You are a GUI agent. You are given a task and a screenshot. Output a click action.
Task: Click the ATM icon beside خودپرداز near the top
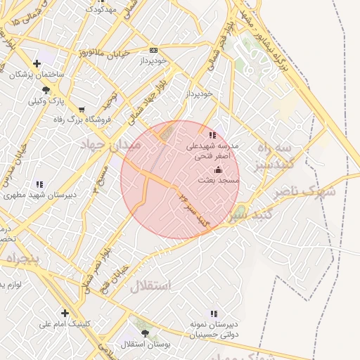[x=154, y=51]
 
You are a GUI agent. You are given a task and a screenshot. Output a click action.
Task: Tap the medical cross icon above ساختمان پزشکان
[x=37, y=64]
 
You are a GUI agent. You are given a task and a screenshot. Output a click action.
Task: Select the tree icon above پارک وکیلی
[x=46, y=90]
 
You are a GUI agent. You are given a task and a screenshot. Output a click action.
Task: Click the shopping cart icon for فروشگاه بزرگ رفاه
[x=82, y=109]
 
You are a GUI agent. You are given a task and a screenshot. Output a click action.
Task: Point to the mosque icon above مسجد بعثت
[x=218, y=169]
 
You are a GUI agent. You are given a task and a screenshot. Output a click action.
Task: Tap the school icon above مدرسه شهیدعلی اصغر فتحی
[x=213, y=135]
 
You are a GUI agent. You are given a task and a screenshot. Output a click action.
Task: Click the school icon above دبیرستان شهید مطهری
[x=39, y=184]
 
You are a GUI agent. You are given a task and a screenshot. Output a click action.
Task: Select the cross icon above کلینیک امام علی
[x=65, y=313]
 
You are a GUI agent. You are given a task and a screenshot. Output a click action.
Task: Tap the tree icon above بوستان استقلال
[x=145, y=333]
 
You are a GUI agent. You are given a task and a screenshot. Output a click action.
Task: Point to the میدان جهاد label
[x=112, y=144]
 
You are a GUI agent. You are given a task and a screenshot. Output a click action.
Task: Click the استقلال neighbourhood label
[x=150, y=285]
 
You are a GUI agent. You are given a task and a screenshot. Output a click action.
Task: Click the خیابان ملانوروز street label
[x=80, y=54]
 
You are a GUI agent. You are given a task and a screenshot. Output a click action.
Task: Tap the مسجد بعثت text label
[x=219, y=181]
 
